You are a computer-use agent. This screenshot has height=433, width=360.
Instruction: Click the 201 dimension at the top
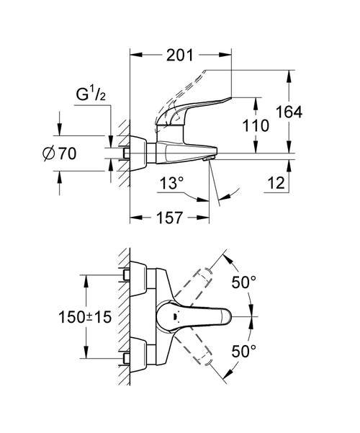(181, 55)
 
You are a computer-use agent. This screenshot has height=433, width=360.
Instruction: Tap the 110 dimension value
(256, 125)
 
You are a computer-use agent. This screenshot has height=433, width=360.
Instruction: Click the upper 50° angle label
(243, 282)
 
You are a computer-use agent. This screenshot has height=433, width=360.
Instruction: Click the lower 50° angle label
(243, 352)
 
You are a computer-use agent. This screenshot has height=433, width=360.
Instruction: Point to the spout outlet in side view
(209, 157)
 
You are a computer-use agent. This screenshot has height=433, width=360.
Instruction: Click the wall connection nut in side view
(129, 153)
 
